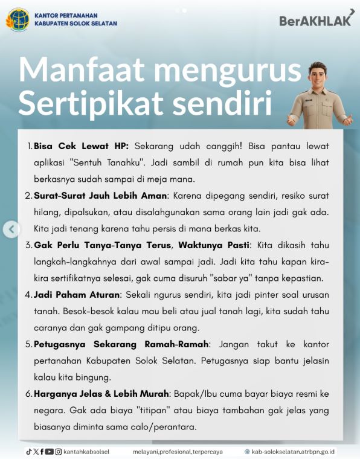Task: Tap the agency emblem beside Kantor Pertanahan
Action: click(17, 19)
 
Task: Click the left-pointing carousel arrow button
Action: click(11, 229)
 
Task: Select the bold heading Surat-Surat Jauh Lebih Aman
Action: click(100, 196)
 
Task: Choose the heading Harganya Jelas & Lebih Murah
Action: click(101, 394)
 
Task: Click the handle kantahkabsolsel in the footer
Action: click(86, 451)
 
